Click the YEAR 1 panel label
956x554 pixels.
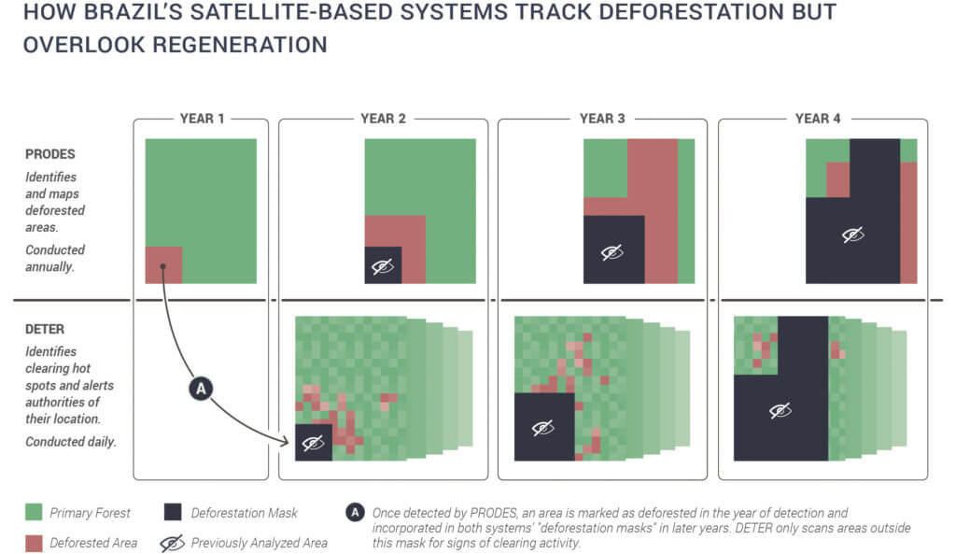pyautogui.click(x=202, y=119)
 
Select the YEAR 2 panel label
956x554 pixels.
pyautogui.click(x=383, y=119)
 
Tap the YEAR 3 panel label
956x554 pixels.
pyautogui.click(x=602, y=119)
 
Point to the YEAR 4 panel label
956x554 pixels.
pyautogui.click(x=818, y=119)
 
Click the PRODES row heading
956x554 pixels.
pyautogui.click(x=50, y=154)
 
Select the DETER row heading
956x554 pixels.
pyautogui.click(x=45, y=329)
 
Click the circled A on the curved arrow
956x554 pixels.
pyautogui.click(x=201, y=388)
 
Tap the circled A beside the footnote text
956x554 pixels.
pyautogui.click(x=355, y=513)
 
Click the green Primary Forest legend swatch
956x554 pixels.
pyautogui.click(x=34, y=512)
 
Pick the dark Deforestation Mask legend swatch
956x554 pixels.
pyautogui.click(x=173, y=512)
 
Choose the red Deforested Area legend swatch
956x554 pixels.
pyautogui.click(x=34, y=543)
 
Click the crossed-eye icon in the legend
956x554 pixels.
pyautogui.click(x=172, y=543)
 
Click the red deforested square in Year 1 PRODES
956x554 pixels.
pyautogui.click(x=163, y=264)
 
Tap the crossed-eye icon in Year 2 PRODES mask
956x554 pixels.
pyautogui.click(x=382, y=266)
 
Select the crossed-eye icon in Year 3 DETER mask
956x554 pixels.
pyautogui.click(x=542, y=428)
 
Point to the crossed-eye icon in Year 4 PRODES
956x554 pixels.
pyautogui.click(x=852, y=234)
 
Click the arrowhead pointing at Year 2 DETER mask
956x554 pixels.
pyautogui.click(x=285, y=441)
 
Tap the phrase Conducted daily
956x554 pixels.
pyautogui.click(x=71, y=442)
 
